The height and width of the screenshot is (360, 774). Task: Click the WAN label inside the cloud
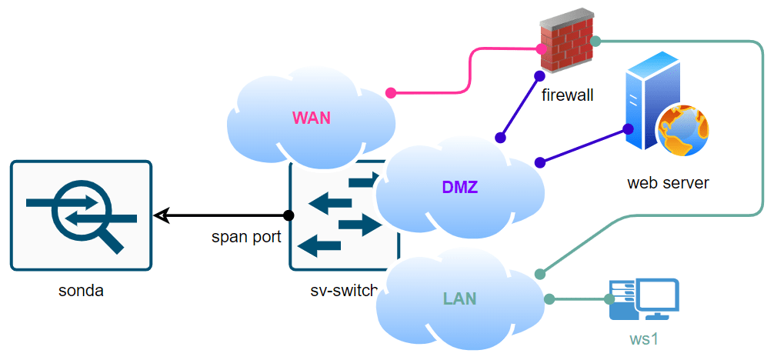(311, 118)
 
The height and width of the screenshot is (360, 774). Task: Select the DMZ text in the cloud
(460, 186)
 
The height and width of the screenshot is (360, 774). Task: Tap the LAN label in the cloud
(459, 298)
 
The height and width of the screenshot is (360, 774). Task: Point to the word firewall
(568, 96)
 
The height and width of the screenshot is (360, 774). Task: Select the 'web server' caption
(668, 183)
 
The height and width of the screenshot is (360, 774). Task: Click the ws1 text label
(644, 338)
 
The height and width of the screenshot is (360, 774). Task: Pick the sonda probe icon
(82, 215)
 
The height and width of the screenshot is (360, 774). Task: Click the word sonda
(81, 291)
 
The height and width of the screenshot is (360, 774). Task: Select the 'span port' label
(246, 237)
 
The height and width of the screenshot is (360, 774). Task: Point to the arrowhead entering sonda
(160, 215)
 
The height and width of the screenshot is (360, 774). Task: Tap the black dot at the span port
(289, 215)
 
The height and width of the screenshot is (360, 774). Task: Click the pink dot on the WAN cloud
(391, 93)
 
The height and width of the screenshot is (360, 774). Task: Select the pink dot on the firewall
(542, 49)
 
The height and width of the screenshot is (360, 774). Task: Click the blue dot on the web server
(628, 128)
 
